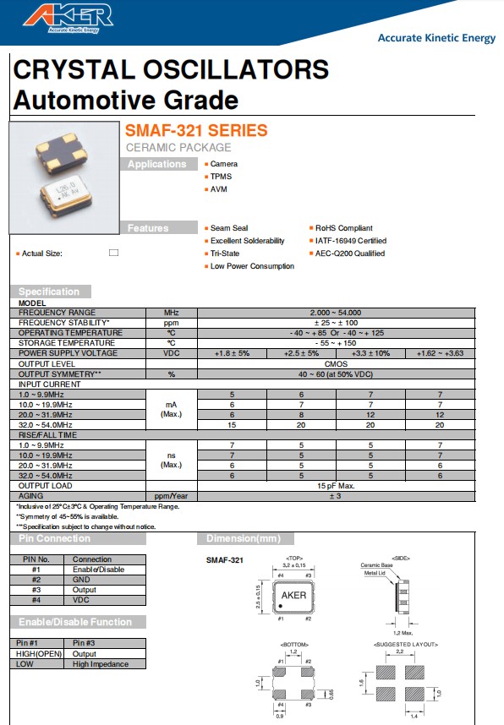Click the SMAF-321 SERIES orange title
point(196,131)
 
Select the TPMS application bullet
point(220,177)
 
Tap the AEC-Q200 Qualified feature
point(349,253)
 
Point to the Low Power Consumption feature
point(252,266)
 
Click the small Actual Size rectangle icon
point(113,253)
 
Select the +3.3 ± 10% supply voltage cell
point(370,353)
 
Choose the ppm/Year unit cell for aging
point(172,496)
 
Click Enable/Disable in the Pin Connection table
point(98,570)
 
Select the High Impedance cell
point(101,664)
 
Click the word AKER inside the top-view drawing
point(292,595)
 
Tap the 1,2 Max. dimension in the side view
point(402,632)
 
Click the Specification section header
point(49,292)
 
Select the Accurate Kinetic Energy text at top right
point(436,37)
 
